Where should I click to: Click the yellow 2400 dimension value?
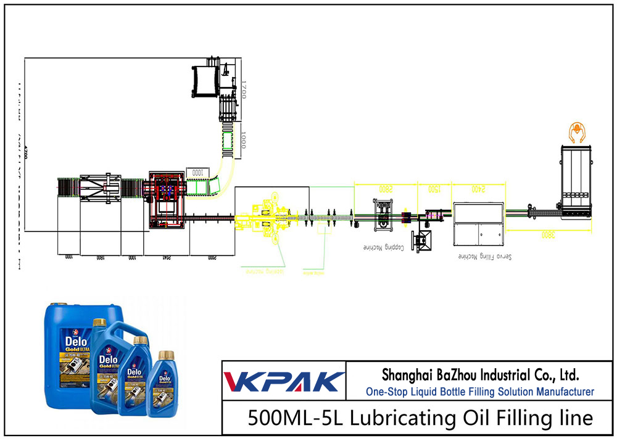[478, 188]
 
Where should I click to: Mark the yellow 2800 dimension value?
[385, 188]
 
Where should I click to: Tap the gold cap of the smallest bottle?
[164, 355]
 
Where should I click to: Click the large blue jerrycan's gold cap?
[59, 304]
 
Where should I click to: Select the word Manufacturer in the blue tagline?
[561, 392]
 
